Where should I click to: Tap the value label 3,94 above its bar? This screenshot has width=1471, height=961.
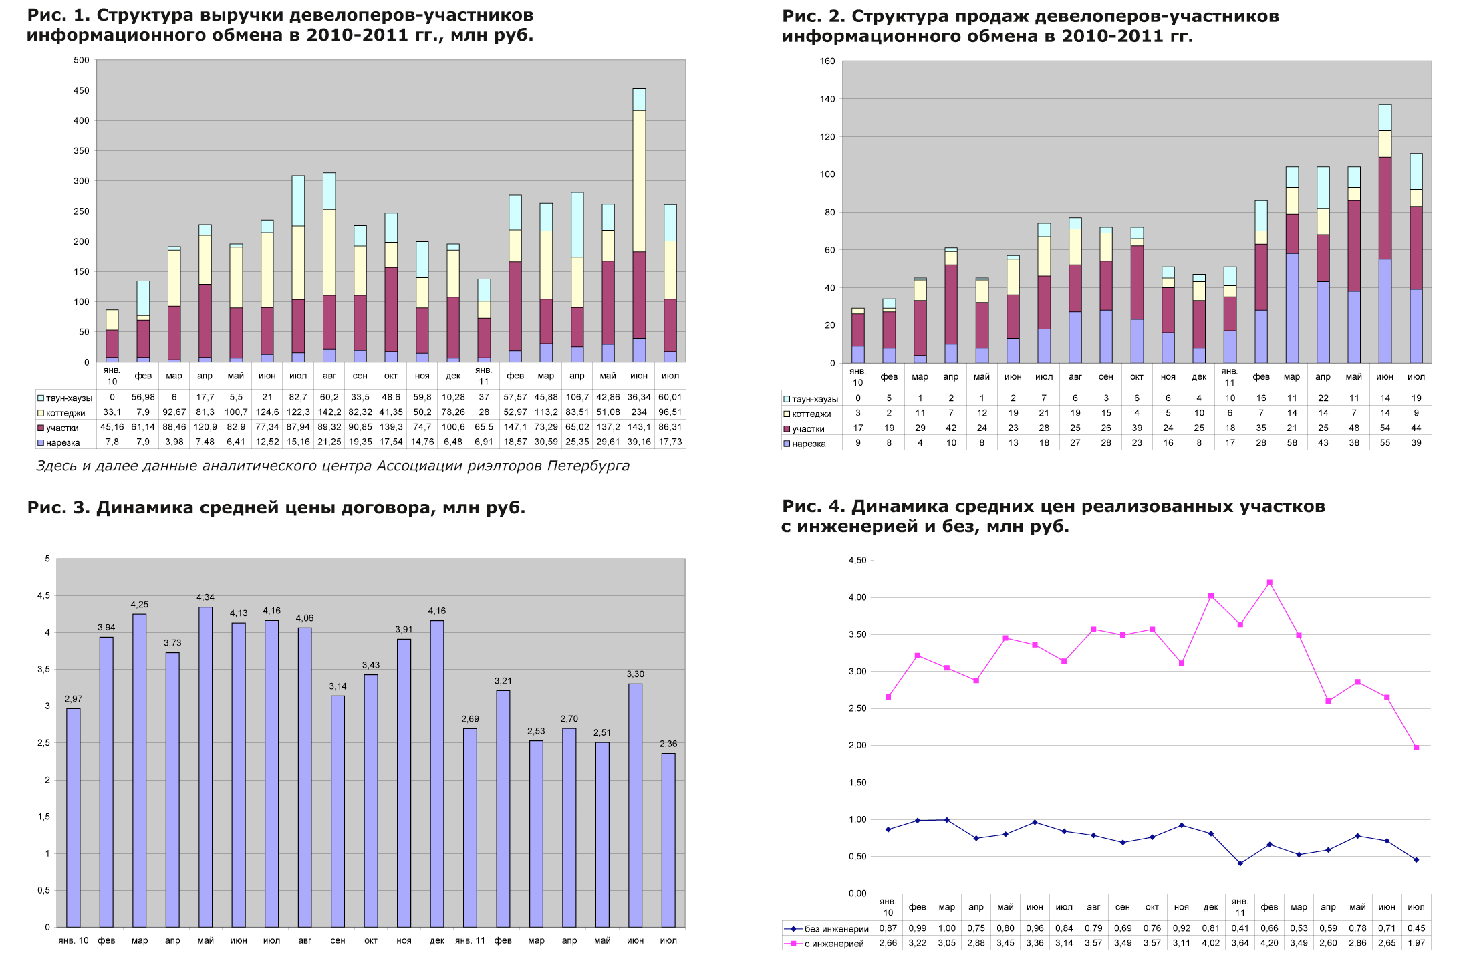106,628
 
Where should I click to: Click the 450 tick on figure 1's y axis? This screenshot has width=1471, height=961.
82,90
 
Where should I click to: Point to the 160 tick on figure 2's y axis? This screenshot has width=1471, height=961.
827,61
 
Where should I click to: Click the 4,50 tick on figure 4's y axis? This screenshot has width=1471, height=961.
857,561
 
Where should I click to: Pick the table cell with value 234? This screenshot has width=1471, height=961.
639,412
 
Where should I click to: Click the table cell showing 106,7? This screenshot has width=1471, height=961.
577,397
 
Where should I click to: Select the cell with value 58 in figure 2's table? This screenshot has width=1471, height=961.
1292,443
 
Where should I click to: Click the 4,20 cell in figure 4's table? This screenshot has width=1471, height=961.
1269,943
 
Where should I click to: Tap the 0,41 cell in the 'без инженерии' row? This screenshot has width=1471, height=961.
1240,928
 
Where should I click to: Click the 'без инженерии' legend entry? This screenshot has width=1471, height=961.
829,929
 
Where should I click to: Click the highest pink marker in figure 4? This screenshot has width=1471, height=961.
1269,583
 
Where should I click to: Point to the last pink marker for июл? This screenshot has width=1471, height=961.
1416,748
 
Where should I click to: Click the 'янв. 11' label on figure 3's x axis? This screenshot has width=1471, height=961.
470,941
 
